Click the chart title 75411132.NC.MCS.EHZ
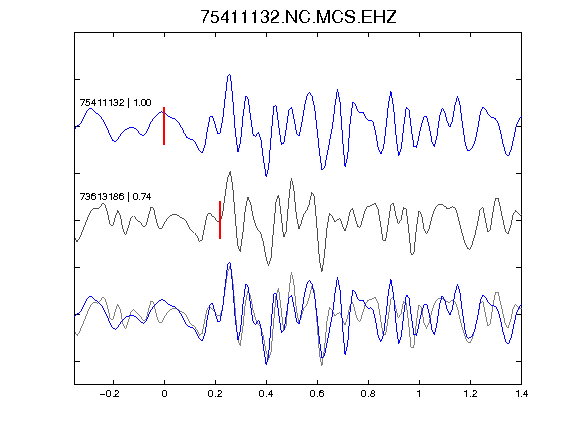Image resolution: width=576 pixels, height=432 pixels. pos(298,17)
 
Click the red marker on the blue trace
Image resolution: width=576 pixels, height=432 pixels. pos(164,126)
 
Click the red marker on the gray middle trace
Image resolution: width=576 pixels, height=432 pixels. pos(220,220)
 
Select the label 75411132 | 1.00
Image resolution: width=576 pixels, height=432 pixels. pos(115,102)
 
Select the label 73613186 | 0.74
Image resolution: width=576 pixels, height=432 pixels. pos(115,197)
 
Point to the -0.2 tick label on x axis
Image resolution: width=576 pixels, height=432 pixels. pos(110,394)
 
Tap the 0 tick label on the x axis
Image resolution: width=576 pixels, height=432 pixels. pos(164,394)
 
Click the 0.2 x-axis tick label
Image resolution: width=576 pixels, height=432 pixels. pos(215,394)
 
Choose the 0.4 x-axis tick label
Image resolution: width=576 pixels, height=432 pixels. pos(266,394)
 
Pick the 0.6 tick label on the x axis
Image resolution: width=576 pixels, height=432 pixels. pos(317,394)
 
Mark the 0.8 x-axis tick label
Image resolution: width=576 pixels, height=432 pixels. pos(368,394)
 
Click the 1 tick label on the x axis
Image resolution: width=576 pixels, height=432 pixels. pos(419,394)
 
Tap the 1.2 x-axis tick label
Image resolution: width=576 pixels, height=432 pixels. pos(470,394)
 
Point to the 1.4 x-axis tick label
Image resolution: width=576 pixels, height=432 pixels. pos(521,394)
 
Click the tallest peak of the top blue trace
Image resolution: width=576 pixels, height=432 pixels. pos(230,75)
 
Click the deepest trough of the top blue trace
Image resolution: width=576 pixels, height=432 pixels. pos(266,176)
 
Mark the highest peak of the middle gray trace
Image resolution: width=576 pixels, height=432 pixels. pos(230,172)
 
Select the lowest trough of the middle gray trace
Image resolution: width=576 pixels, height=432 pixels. pos(322,271)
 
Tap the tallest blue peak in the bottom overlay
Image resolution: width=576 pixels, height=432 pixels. pos(230,263)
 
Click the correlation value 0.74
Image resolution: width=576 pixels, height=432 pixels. pos(142,197)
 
